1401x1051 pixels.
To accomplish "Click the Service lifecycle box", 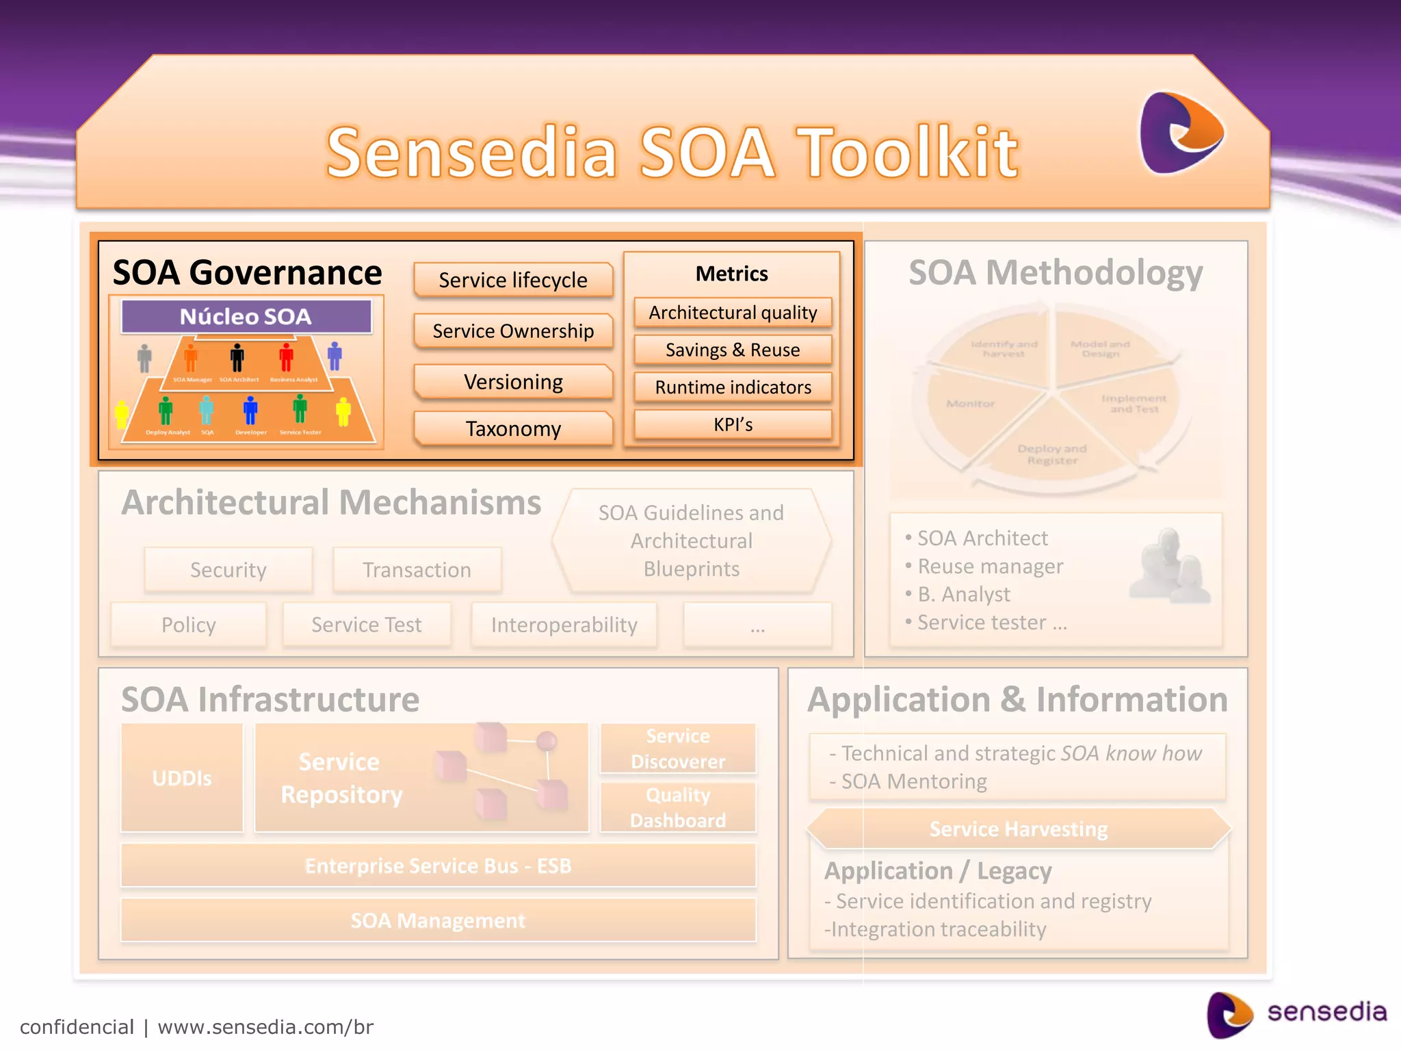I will (x=513, y=280).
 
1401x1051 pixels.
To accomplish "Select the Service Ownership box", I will (x=513, y=331).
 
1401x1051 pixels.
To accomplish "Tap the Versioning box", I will (x=513, y=382).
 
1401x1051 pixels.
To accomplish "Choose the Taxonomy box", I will (x=513, y=429).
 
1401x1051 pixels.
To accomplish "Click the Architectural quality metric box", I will (x=733, y=313).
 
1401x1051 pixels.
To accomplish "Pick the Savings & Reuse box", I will (x=733, y=350).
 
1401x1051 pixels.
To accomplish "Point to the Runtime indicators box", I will (x=733, y=387).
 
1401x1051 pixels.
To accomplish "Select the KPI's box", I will (x=733, y=425).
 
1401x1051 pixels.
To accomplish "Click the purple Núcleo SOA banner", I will (x=246, y=317).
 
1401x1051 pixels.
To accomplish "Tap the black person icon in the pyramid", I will (x=237, y=358).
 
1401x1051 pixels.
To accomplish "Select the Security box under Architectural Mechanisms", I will (x=228, y=570).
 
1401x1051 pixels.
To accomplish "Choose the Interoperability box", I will (x=564, y=625).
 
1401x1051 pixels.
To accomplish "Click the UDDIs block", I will (x=182, y=778).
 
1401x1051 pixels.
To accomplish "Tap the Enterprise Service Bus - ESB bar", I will (x=438, y=866).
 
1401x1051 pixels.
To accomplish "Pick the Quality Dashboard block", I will (x=678, y=808).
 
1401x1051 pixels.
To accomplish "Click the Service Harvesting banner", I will (x=1018, y=829).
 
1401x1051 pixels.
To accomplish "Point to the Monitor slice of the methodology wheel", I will (x=971, y=404).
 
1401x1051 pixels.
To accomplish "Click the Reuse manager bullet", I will (x=990, y=567).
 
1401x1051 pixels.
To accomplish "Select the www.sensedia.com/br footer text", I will (x=265, y=1027).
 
